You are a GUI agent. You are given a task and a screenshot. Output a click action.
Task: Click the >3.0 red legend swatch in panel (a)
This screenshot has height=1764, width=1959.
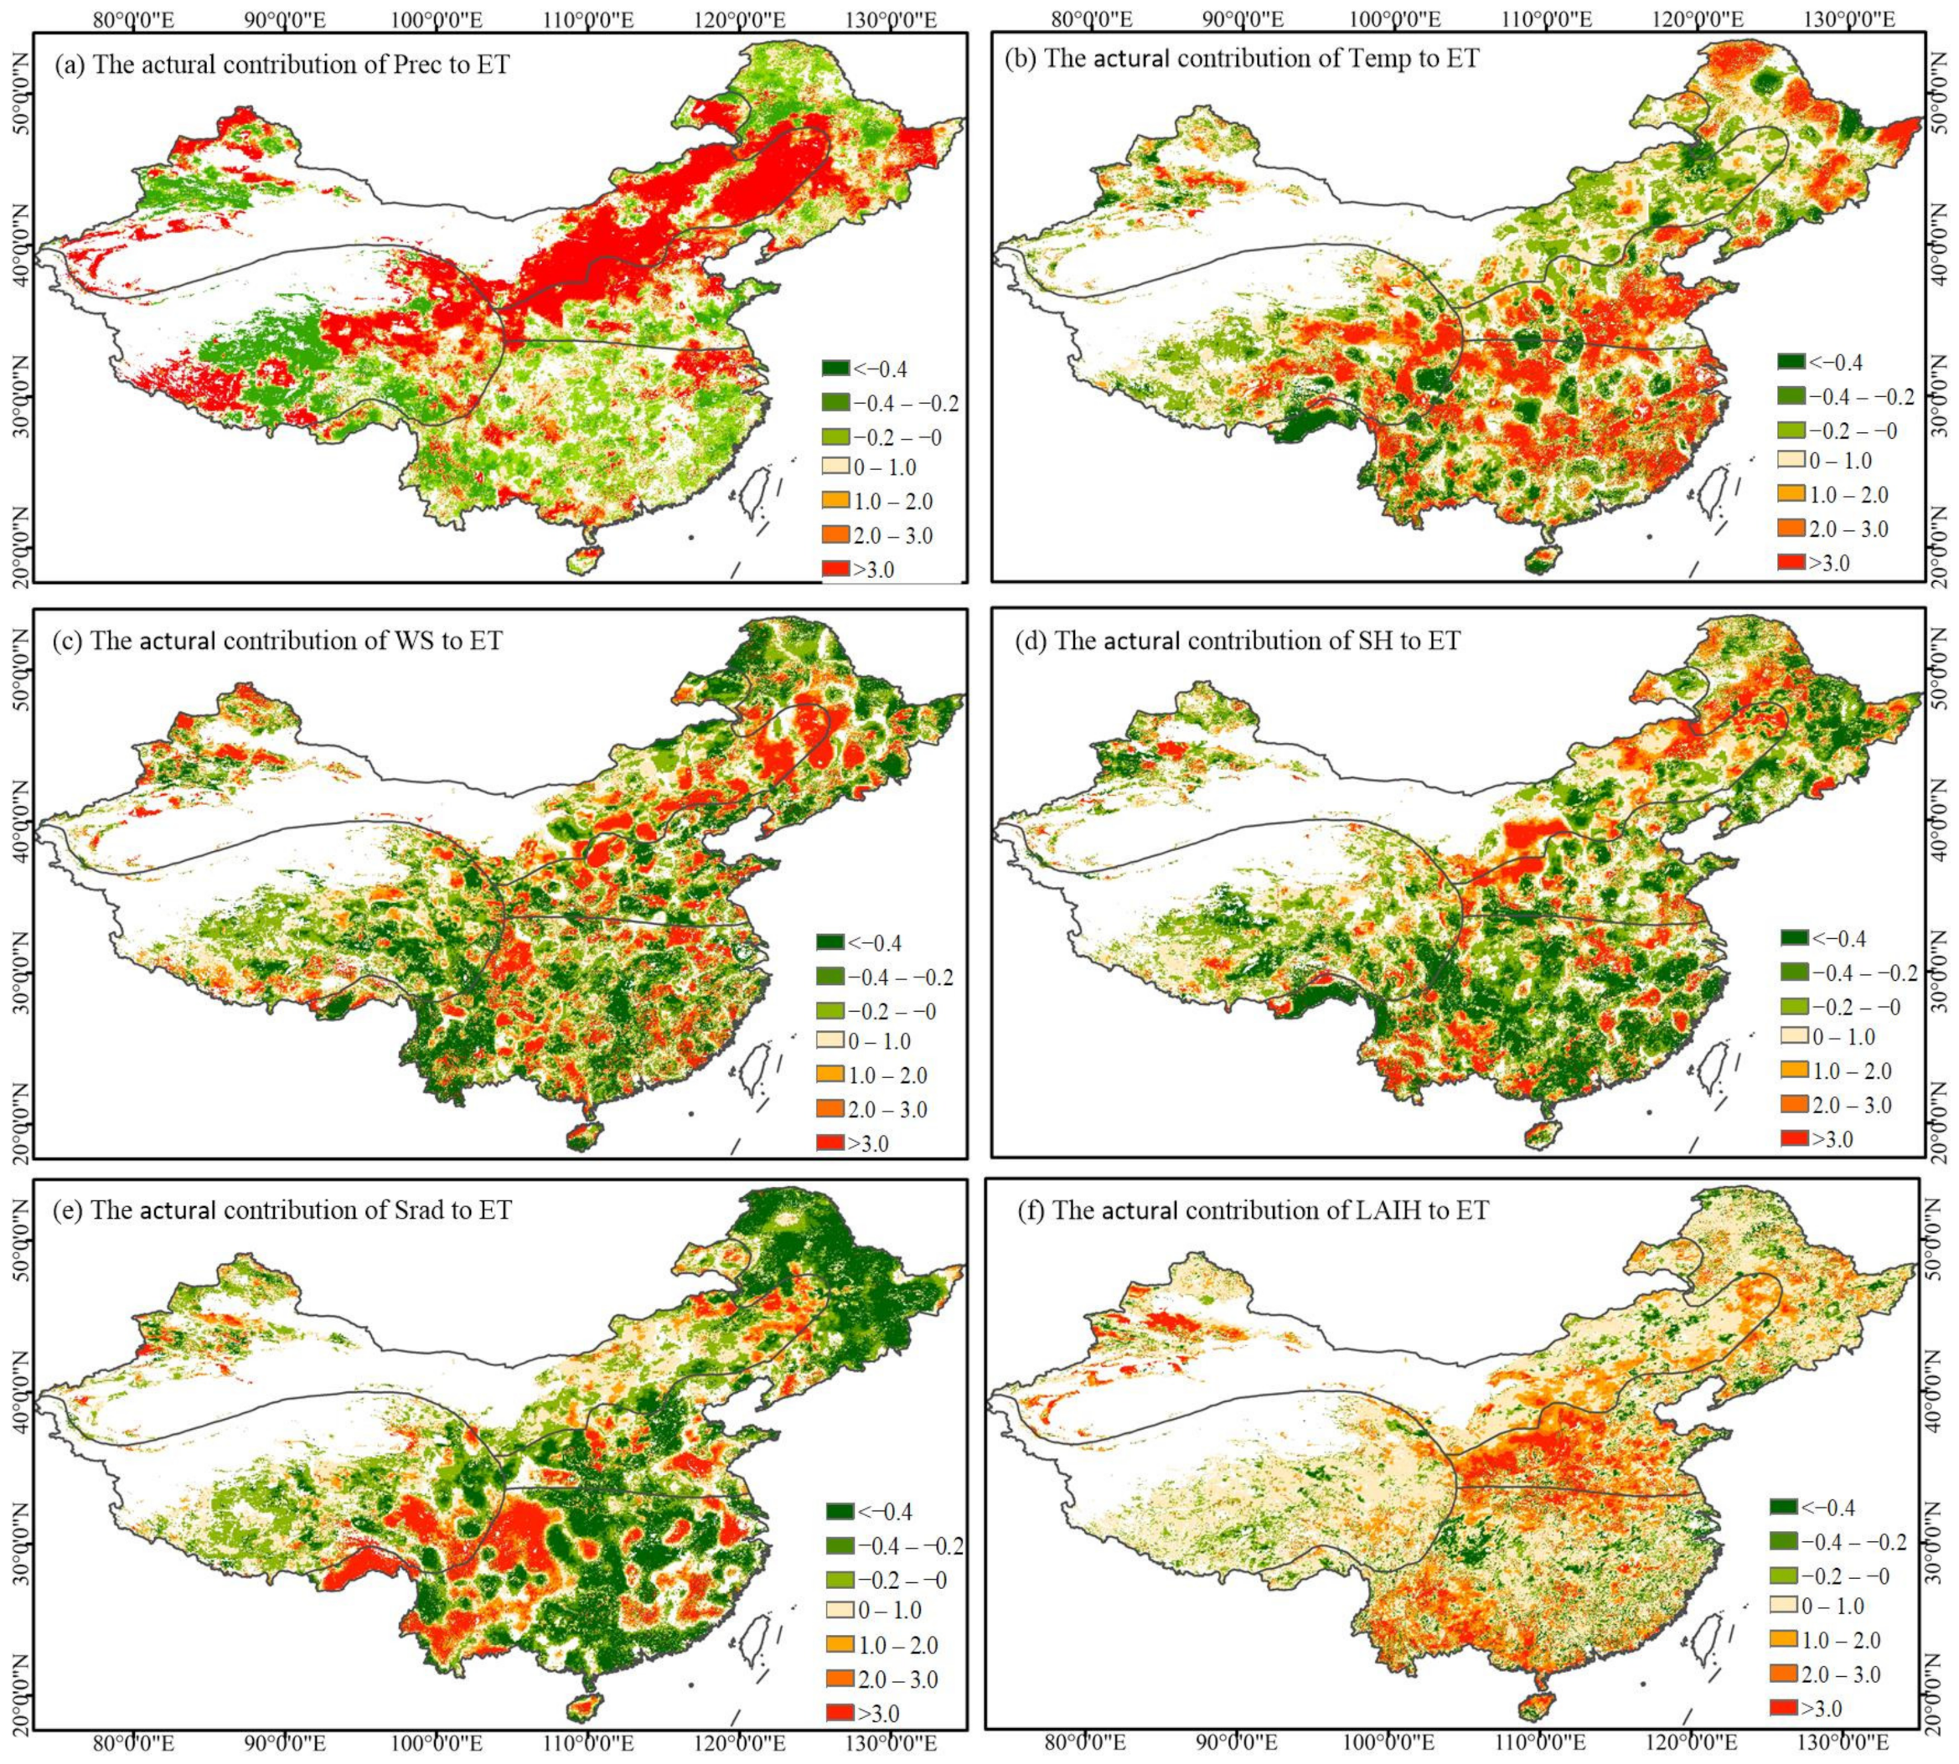835,569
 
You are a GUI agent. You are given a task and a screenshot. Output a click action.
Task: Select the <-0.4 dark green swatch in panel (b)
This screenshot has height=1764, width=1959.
1791,363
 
